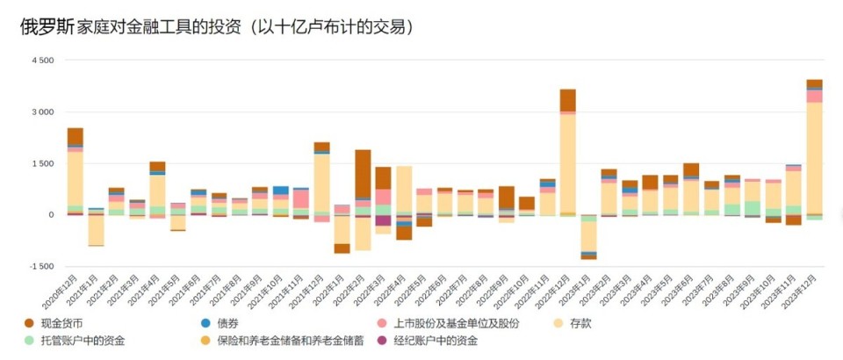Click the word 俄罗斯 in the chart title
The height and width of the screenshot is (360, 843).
coord(47,26)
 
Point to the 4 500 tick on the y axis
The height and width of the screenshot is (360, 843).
coord(42,61)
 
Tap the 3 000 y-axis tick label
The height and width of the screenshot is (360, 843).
coord(42,112)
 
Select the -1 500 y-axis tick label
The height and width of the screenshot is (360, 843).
coord(40,266)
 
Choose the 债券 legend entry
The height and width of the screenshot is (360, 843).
coord(227,323)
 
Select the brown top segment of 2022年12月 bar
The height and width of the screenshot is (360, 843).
coord(567,99)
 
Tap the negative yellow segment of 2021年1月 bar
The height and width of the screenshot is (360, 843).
coord(96,230)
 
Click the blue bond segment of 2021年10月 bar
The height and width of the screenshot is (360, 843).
coord(281,190)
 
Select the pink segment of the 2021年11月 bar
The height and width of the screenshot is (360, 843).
coord(301,198)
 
